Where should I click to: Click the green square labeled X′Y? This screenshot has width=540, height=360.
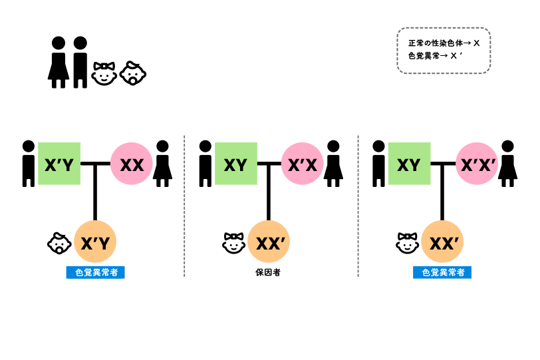[59, 164]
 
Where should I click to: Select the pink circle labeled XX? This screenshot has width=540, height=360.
[132, 164]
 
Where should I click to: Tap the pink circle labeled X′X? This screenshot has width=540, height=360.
[302, 164]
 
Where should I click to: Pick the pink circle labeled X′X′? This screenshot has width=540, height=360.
[477, 164]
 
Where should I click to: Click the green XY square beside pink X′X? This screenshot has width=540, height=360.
[235, 164]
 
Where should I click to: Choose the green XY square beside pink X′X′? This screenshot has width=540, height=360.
[409, 164]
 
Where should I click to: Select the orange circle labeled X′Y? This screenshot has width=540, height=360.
[95, 242]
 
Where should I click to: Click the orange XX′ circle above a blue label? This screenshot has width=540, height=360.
[442, 242]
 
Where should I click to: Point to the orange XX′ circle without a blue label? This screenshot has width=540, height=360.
[269, 242]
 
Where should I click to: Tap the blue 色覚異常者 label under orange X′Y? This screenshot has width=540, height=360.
[95, 272]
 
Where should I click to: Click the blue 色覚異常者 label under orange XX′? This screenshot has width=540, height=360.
[442, 272]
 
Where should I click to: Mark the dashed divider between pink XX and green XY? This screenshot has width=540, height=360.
[184, 206]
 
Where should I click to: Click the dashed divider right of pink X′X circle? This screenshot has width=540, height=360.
[358, 206]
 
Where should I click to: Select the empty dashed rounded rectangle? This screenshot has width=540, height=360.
[444, 51]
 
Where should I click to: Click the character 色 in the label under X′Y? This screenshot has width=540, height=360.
[80, 272]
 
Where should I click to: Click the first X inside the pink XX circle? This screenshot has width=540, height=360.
[125, 165]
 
